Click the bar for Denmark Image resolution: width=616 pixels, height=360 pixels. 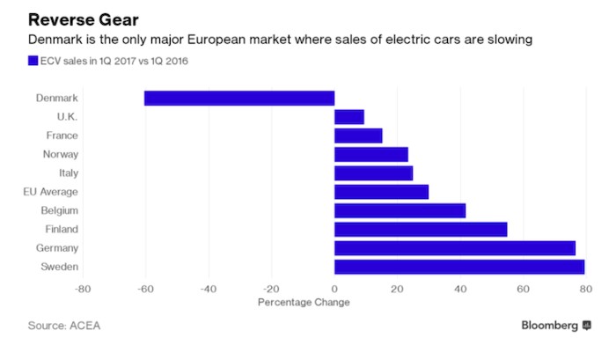coord(239,98)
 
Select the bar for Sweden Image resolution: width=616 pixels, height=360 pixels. coord(459,267)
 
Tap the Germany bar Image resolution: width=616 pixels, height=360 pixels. coord(455,248)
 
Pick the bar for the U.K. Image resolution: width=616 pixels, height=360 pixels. coord(349,117)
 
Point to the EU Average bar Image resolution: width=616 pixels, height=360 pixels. coord(381,192)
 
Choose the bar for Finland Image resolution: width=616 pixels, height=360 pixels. coord(421,229)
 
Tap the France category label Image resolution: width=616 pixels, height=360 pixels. coord(62,136)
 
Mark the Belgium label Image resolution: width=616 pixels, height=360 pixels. coord(60,210)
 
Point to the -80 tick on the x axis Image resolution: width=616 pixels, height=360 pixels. coord(83,288)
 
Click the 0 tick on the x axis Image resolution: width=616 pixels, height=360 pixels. coord(334,288)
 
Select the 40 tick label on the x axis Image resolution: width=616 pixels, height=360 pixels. coord(460,288)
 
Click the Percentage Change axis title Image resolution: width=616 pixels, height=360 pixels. coord(304,302)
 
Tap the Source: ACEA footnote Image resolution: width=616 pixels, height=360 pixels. coord(63,326)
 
